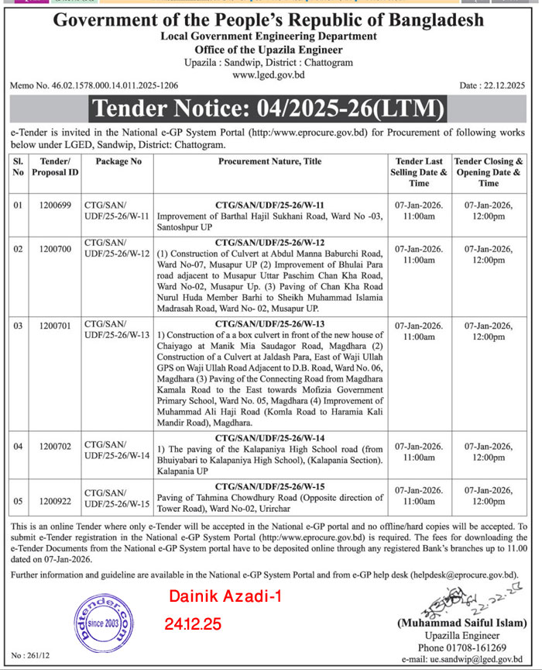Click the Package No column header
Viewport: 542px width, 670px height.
(118, 161)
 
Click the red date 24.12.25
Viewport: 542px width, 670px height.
(193, 623)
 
